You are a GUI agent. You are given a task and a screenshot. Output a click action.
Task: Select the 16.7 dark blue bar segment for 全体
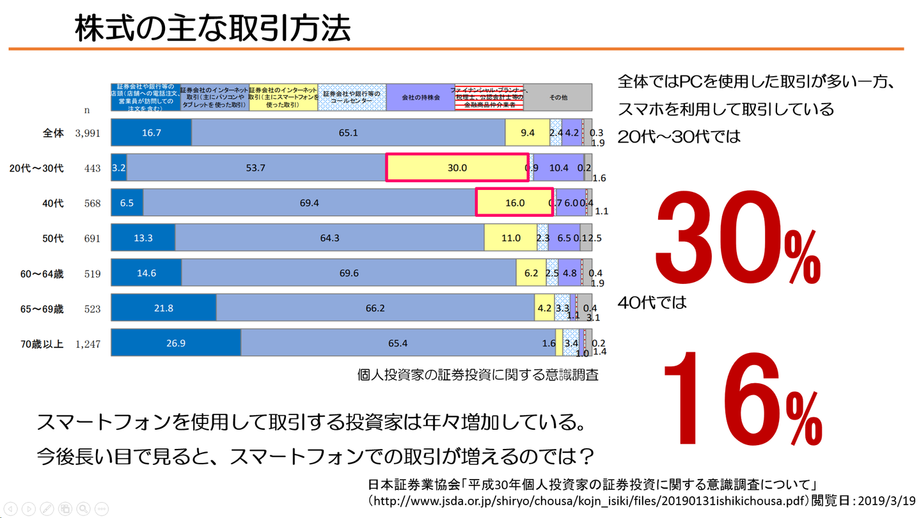[x=152, y=132]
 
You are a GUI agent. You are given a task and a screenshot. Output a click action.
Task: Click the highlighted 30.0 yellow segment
[x=457, y=168]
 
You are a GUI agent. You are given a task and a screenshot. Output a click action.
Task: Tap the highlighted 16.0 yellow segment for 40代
[x=514, y=203]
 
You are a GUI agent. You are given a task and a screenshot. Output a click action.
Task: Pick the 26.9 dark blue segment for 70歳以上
[x=176, y=343]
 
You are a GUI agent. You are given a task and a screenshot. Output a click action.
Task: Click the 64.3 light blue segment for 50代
[x=329, y=238]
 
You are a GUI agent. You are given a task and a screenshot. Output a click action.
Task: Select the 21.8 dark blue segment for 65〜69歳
[x=164, y=308]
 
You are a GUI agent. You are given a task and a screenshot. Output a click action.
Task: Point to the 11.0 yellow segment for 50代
[x=510, y=238]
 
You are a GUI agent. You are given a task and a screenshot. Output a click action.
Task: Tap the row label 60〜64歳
[x=42, y=274]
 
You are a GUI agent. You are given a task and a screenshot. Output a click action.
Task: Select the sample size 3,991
[x=88, y=133]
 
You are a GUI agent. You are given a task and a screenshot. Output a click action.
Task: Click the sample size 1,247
[x=88, y=344]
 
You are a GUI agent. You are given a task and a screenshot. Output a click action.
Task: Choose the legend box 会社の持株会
[x=420, y=98]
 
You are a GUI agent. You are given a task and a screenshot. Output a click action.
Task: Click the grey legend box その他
[x=558, y=98]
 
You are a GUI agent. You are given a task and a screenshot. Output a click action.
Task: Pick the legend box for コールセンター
[x=352, y=98]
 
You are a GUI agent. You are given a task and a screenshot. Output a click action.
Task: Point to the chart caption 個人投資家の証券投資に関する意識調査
[x=478, y=375]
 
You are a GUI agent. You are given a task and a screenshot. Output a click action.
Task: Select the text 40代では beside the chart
[x=652, y=302]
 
